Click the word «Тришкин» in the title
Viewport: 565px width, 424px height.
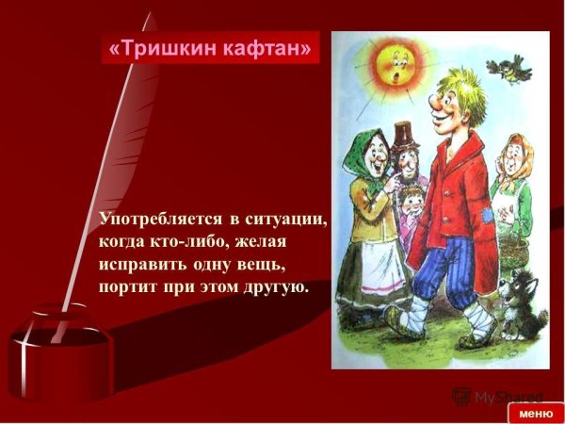pos(166,47)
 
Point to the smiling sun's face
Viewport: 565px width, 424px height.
pos(396,66)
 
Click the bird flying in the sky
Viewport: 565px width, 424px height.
pos(517,67)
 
